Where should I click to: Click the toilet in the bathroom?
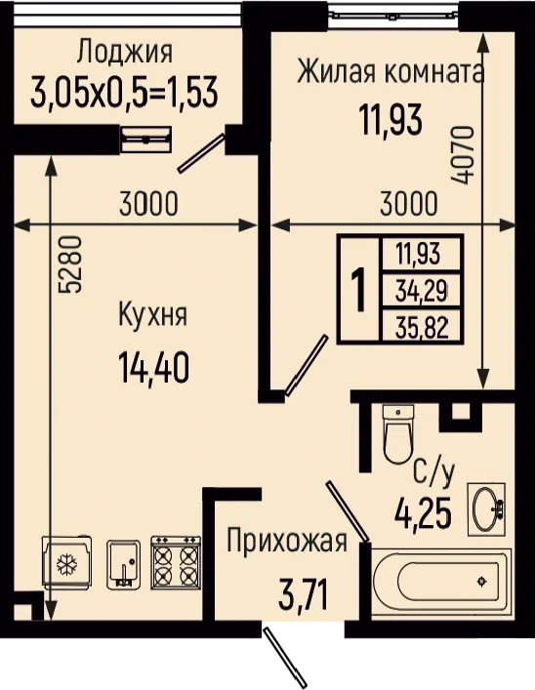click(x=398, y=433)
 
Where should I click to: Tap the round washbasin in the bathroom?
click(x=486, y=508)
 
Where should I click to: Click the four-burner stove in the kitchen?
click(x=176, y=562)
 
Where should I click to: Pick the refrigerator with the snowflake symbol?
click(x=67, y=562)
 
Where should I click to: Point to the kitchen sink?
click(x=124, y=564)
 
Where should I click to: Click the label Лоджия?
click(x=125, y=53)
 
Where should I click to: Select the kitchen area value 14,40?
click(x=153, y=369)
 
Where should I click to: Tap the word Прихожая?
click(x=287, y=541)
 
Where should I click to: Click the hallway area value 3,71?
click(x=304, y=593)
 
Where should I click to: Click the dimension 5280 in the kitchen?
click(x=70, y=264)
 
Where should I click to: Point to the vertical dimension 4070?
click(x=463, y=155)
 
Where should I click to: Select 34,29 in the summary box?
click(x=422, y=291)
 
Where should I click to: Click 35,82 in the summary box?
click(x=422, y=327)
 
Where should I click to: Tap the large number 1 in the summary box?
click(x=359, y=290)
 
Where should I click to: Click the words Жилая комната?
click(x=391, y=71)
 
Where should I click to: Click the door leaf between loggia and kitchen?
click(x=201, y=153)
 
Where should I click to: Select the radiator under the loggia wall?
click(x=145, y=140)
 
